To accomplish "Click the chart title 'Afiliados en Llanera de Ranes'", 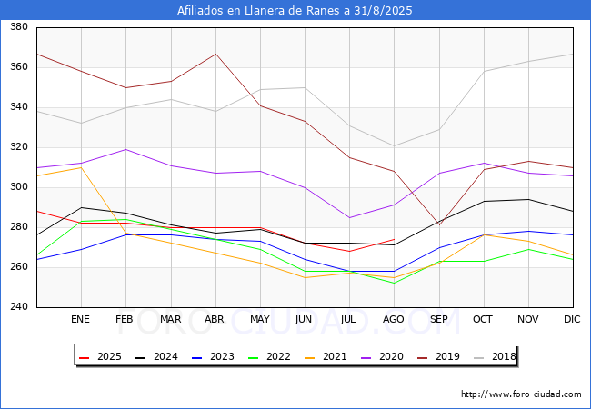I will point(295,11).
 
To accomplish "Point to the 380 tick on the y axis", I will point(17,27).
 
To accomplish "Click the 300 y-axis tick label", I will point(17,187).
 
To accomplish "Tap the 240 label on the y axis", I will point(17,307).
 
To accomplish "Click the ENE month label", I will point(81,320).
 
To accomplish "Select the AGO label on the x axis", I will point(394,320).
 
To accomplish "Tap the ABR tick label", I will point(215,320).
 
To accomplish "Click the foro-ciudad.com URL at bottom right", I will point(521,394).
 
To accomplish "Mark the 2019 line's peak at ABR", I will point(215,54).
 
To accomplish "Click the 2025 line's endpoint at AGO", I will point(394,239).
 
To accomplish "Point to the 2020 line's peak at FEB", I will point(125,149).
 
